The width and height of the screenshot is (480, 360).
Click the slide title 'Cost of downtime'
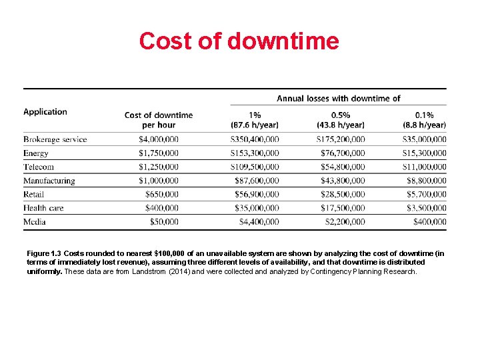pyautogui.click(x=239, y=41)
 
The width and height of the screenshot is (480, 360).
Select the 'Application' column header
pyautogui.click(x=45, y=112)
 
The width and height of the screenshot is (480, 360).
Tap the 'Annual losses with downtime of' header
pyautogui.click(x=338, y=99)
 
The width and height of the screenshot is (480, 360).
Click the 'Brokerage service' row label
pyautogui.click(x=55, y=139)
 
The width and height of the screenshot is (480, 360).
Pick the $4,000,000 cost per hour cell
pyautogui.click(x=158, y=139)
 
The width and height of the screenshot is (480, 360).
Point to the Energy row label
pyautogui.click(x=36, y=153)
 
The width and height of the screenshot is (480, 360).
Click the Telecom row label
pyautogui.click(x=39, y=167)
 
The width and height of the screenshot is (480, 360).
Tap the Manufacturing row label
pyautogui.click(x=49, y=181)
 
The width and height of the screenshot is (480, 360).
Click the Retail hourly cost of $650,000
pyautogui.click(x=162, y=194)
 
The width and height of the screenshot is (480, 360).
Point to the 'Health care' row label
pyautogui.click(x=43, y=208)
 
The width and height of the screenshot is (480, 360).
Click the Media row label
pyautogui.click(x=35, y=221)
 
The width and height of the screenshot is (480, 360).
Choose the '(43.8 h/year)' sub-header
pyautogui.click(x=341, y=125)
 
